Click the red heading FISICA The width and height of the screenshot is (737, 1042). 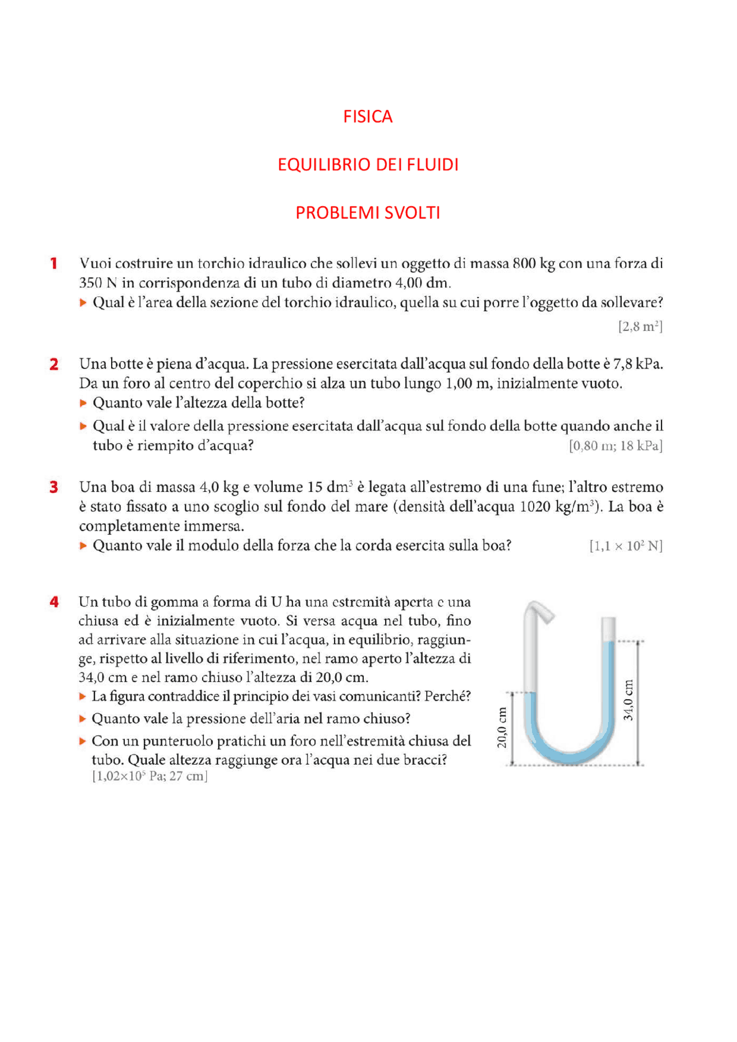point(367,117)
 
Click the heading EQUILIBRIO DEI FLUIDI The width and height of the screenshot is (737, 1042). point(368,165)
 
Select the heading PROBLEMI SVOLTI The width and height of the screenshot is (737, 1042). point(367,213)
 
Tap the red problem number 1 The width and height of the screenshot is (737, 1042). point(54,264)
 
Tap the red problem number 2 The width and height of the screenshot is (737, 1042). point(54,364)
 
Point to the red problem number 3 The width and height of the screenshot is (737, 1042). point(54,487)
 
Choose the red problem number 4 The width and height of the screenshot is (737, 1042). point(54,602)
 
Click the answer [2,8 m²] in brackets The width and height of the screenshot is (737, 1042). point(640,327)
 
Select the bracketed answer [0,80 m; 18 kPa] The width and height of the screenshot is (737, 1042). point(616,446)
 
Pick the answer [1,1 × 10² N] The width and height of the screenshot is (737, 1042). point(626,546)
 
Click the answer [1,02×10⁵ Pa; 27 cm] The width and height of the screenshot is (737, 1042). point(150,776)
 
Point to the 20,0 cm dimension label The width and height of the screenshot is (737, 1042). point(502,727)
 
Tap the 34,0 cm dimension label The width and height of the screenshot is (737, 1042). point(628,700)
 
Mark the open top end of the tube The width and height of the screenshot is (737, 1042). point(609,621)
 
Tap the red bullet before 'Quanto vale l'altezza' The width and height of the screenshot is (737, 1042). point(83,403)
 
